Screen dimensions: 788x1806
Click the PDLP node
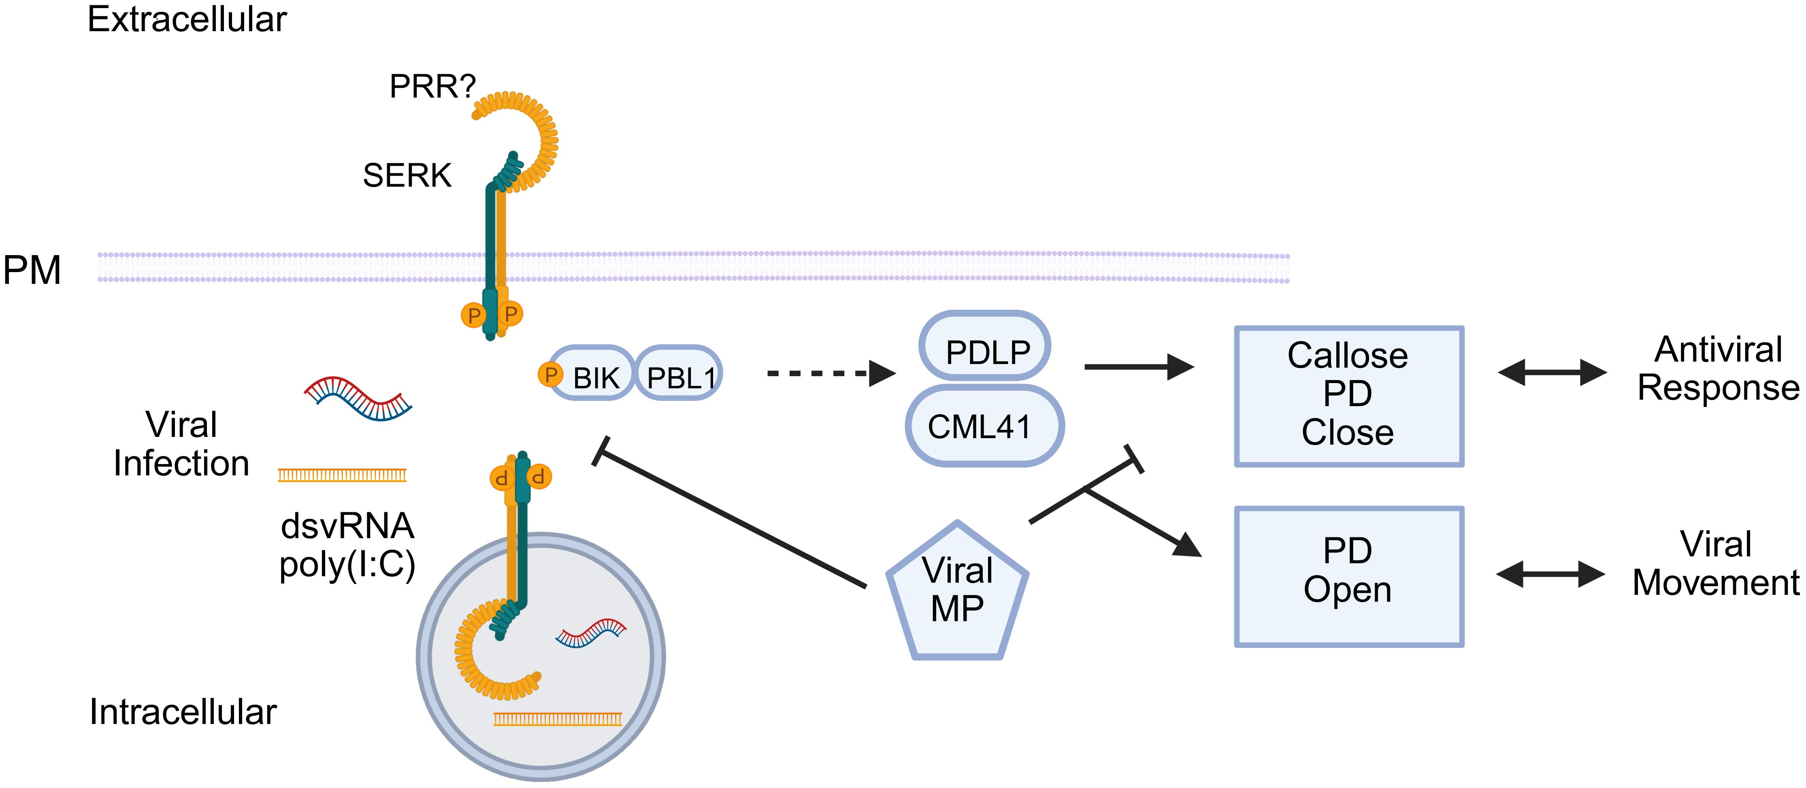pyautogui.click(x=985, y=347)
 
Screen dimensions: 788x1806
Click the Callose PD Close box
pyautogui.click(x=1348, y=395)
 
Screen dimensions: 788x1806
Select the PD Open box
pyautogui.click(x=1348, y=576)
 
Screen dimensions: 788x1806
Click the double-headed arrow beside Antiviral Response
pyautogui.click(x=1552, y=372)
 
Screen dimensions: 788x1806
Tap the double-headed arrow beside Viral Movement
pyautogui.click(x=1550, y=574)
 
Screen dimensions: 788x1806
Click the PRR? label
pyautogui.click(x=432, y=87)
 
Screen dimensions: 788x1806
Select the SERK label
pyautogui.click(x=407, y=175)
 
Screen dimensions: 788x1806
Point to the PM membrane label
pyautogui.click(x=32, y=270)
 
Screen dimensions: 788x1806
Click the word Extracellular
pyautogui.click(x=187, y=19)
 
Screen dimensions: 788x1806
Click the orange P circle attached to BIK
pyautogui.click(x=550, y=375)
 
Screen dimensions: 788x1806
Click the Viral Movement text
pyautogui.click(x=1716, y=564)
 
